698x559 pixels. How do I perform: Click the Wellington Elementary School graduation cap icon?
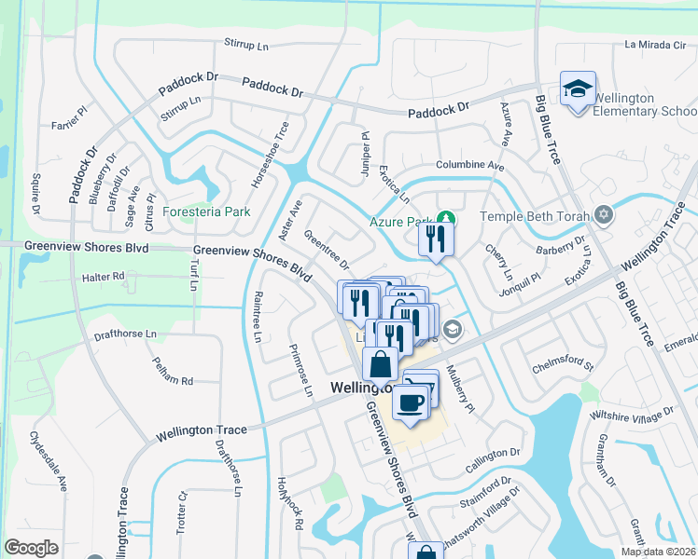click(x=577, y=89)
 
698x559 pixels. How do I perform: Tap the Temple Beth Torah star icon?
click(x=604, y=216)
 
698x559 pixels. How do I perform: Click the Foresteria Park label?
click(x=206, y=211)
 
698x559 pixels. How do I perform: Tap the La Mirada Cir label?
click(x=655, y=44)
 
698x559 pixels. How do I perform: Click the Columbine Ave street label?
click(x=469, y=166)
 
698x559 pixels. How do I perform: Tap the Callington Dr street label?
click(x=493, y=453)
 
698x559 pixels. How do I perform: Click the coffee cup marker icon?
click(x=411, y=401)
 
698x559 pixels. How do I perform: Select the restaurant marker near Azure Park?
click(x=435, y=239)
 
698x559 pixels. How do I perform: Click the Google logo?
click(x=32, y=547)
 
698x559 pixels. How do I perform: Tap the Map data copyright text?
click(x=658, y=552)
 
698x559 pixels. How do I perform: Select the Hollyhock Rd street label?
click(x=289, y=504)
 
